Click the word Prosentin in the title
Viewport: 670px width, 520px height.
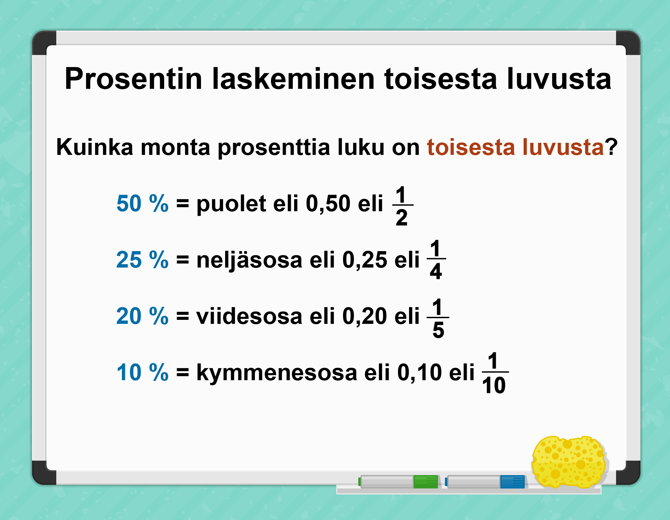click(x=133, y=79)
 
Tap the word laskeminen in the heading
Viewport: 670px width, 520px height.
click(x=293, y=79)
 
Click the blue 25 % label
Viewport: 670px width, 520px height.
click(x=142, y=259)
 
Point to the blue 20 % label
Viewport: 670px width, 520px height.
click(x=142, y=316)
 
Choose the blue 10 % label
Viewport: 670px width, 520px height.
click(x=142, y=372)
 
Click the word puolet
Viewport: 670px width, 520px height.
click(x=231, y=204)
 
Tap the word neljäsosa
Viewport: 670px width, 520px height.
click(x=249, y=261)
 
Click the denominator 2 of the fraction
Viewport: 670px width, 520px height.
click(x=402, y=218)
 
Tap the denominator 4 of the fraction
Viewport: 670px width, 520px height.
click(x=436, y=271)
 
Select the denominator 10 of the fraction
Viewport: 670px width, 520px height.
click(x=494, y=385)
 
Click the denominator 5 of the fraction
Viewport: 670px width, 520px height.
click(x=438, y=330)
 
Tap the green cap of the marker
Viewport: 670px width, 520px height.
click(x=426, y=482)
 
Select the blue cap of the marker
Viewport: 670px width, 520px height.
click(x=513, y=482)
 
